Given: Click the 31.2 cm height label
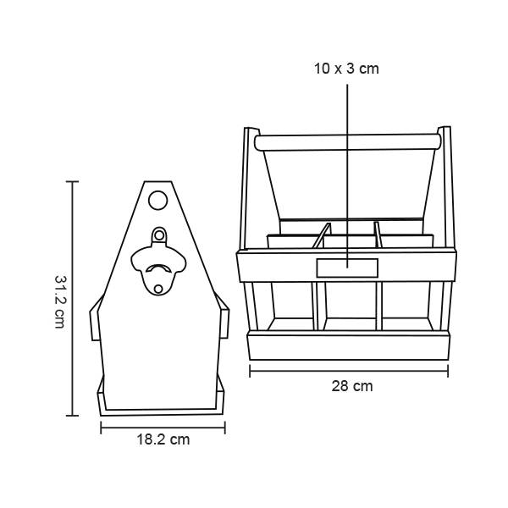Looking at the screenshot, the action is pyautogui.click(x=60, y=301).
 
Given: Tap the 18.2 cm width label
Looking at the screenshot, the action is pyautogui.click(x=163, y=439).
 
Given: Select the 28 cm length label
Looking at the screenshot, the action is pyautogui.click(x=352, y=386).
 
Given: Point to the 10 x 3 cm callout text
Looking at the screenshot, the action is pyautogui.click(x=346, y=69).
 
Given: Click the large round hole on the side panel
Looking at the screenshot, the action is pyautogui.click(x=157, y=200).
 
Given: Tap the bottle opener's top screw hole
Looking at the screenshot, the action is pyautogui.click(x=159, y=235).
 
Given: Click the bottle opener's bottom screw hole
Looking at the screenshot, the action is pyautogui.click(x=158, y=289).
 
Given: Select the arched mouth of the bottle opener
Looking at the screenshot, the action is pyautogui.click(x=158, y=268).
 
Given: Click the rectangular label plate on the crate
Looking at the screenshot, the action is pyautogui.click(x=347, y=268).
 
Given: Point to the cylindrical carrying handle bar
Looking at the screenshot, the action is pyautogui.click(x=348, y=143).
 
